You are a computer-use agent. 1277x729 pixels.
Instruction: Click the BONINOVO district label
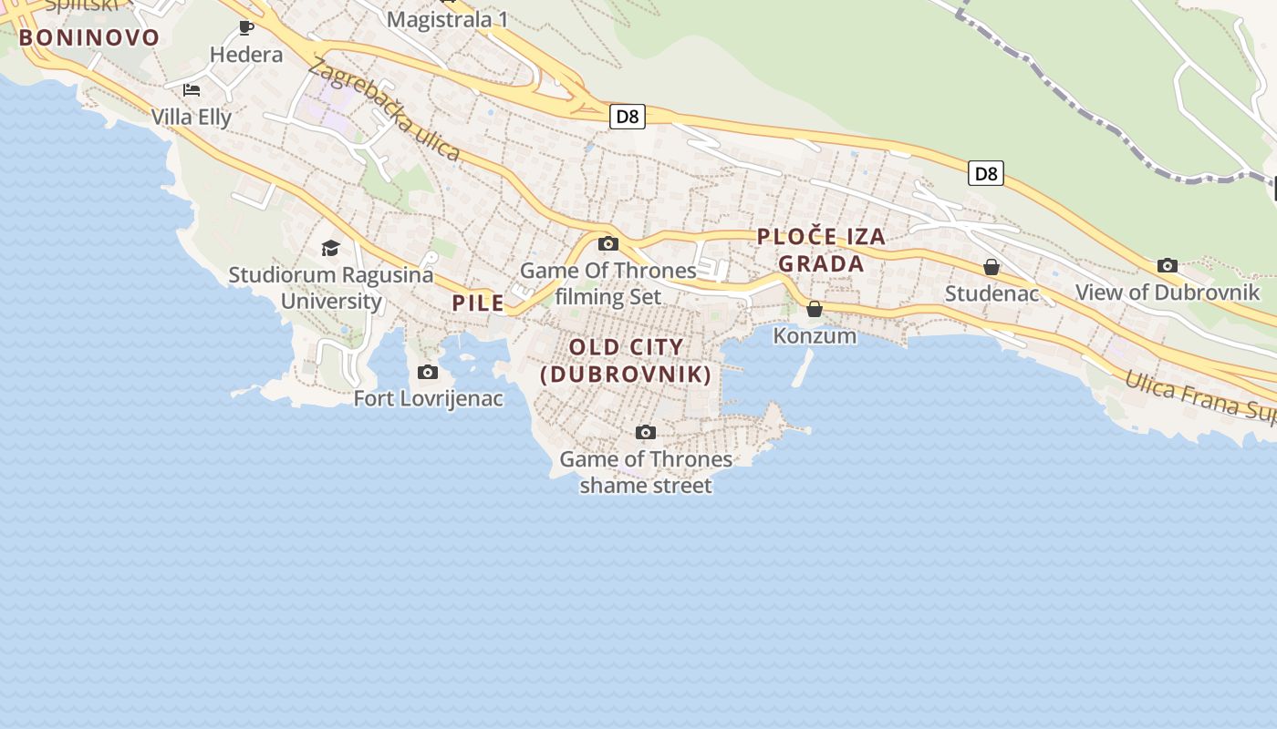[89, 37]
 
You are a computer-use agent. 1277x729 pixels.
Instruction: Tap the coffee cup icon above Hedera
[246, 27]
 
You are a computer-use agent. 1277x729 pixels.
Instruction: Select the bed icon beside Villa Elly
[192, 90]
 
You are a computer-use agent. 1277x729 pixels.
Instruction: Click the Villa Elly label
[192, 117]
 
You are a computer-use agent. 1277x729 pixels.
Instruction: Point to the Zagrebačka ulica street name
[384, 109]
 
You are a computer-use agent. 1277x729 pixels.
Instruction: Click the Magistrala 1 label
[447, 19]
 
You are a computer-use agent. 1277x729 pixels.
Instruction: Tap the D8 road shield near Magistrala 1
[628, 116]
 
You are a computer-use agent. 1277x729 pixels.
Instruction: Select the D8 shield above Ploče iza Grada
[986, 173]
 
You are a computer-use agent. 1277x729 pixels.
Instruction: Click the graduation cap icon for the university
[330, 248]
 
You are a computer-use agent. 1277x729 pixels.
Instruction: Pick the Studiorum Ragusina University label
[330, 287]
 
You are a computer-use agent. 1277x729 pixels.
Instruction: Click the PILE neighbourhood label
[479, 303]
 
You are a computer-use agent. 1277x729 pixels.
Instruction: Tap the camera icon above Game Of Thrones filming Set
[608, 243]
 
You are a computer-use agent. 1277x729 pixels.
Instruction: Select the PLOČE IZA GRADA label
[821, 250]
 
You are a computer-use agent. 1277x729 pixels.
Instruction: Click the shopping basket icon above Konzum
[815, 310]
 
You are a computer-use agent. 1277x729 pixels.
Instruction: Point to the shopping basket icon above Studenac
[991, 267]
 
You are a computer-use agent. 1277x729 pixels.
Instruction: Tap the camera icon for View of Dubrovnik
[1168, 266]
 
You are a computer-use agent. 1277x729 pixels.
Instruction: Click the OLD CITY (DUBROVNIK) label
[626, 360]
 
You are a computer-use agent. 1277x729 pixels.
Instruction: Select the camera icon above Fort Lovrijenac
[427, 372]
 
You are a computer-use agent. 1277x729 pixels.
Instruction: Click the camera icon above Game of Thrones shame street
[646, 432]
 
